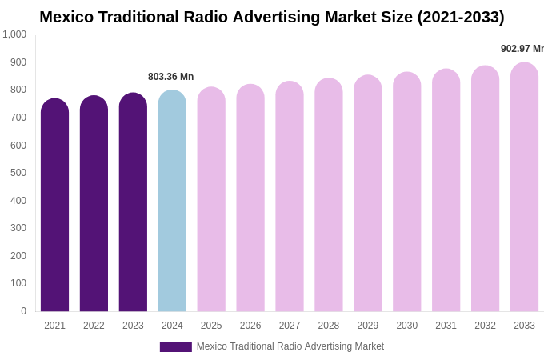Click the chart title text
pyautogui.click(x=272, y=17)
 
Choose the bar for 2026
pyautogui.click(x=250, y=198)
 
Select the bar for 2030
pyautogui.click(x=406, y=192)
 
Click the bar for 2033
pyautogui.click(x=524, y=187)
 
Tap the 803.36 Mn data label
pyautogui.click(x=170, y=77)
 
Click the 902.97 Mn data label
pyautogui.click(x=522, y=49)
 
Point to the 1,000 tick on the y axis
pyautogui.click(x=14, y=34)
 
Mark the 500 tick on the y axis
pyautogui.click(x=18, y=173)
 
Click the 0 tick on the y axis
pyautogui.click(x=23, y=311)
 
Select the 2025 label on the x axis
pyautogui.click(x=211, y=326)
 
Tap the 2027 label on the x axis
pyautogui.click(x=290, y=326)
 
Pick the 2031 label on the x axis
pyautogui.click(x=446, y=326)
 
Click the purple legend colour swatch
pyautogui.click(x=175, y=347)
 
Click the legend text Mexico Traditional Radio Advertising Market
pyautogui.click(x=290, y=346)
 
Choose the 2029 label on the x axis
pyautogui.click(x=368, y=326)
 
